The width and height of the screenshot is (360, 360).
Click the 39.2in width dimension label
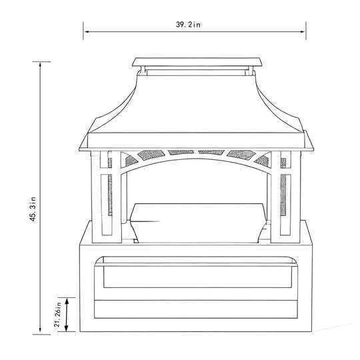(188, 25)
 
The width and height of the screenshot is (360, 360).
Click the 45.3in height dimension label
(33, 209)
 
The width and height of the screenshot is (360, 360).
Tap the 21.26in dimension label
(57, 314)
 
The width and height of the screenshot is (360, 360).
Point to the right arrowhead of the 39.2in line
(303, 32)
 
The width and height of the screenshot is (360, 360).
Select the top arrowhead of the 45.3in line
(41, 65)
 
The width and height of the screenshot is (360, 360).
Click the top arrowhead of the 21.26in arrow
(67, 301)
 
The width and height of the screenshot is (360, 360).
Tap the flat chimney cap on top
(197, 62)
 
